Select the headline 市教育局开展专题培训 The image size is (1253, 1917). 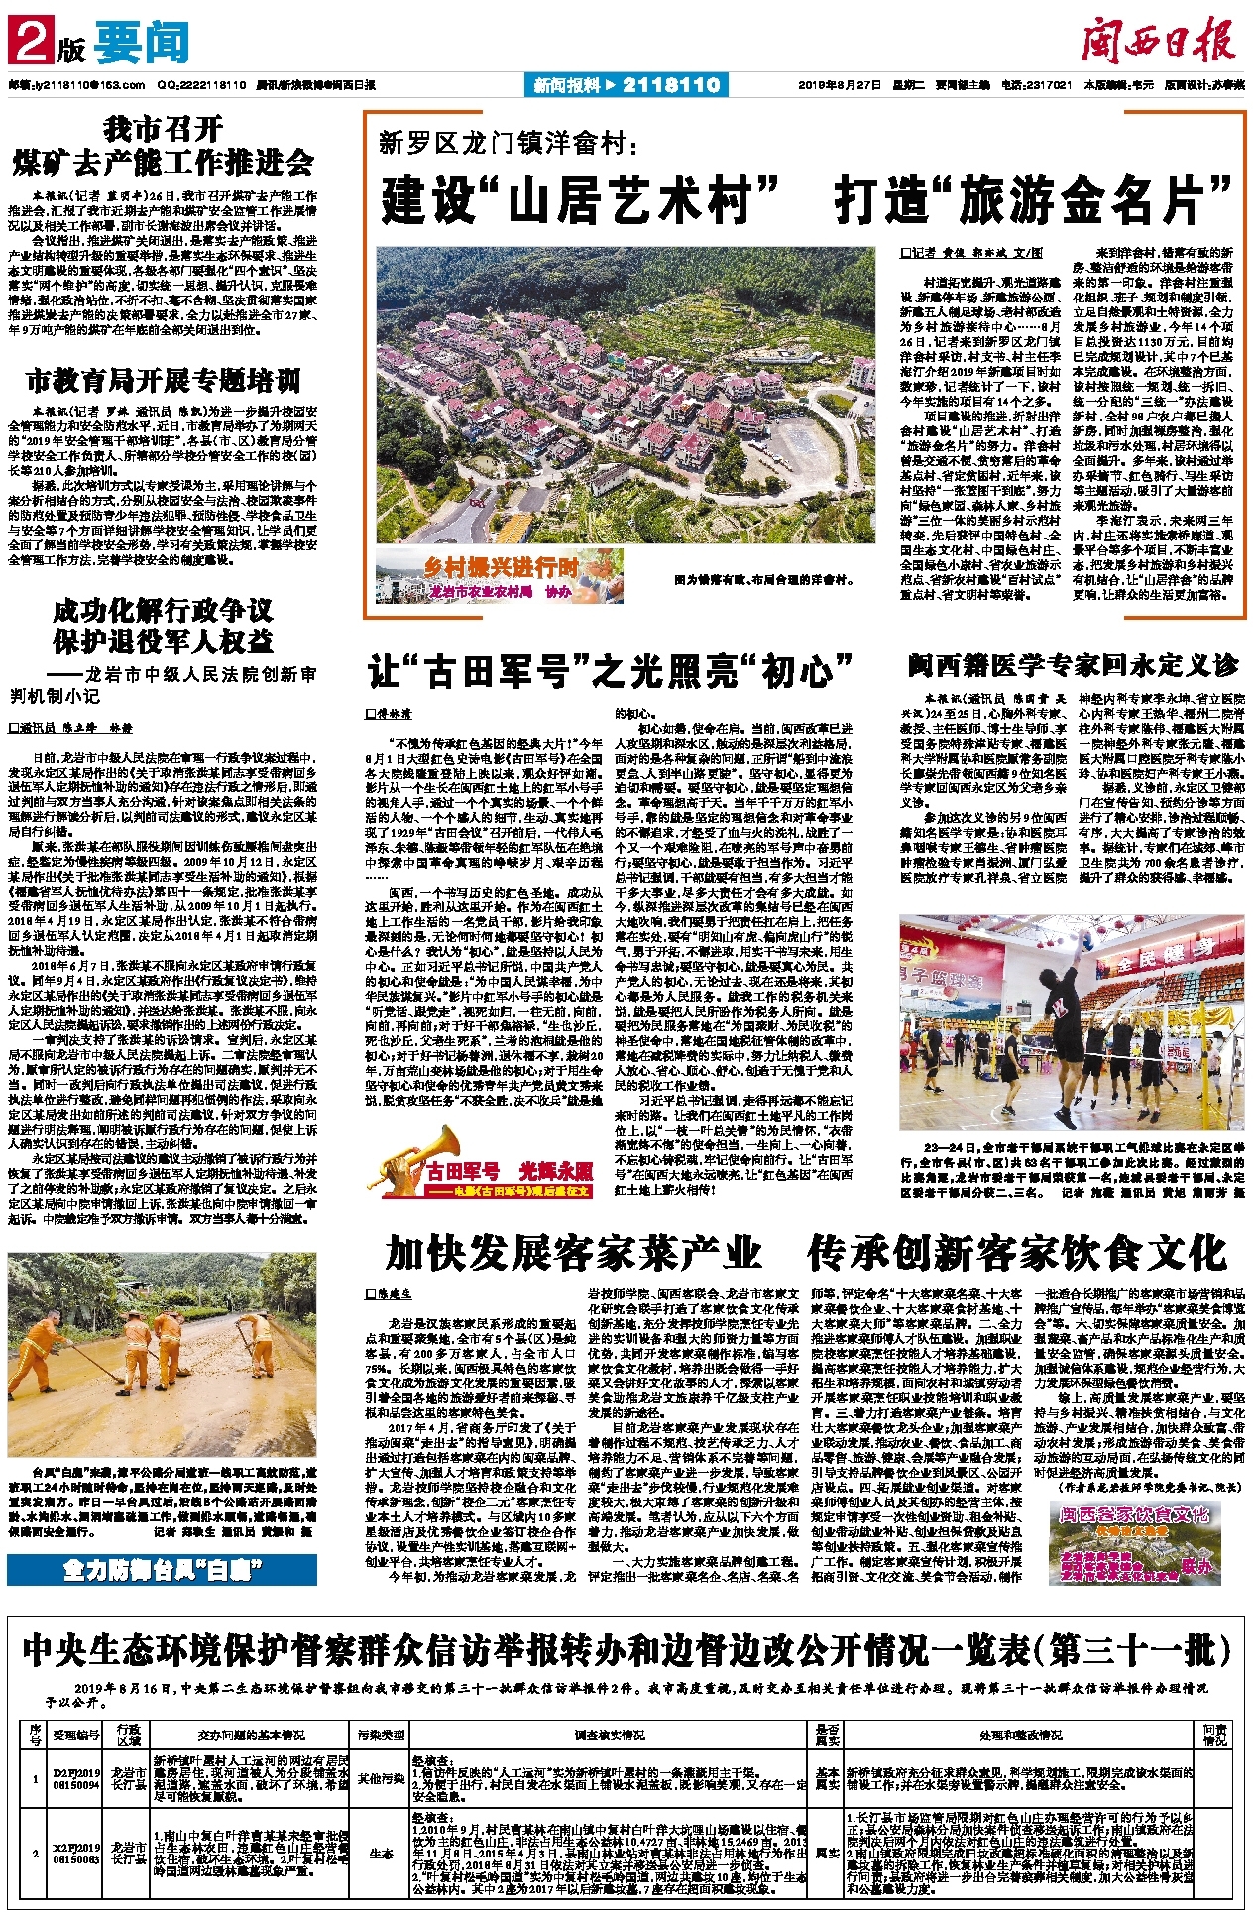(x=163, y=381)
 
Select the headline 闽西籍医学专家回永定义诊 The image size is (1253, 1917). (x=1073, y=664)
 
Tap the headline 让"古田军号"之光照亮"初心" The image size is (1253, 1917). (x=611, y=671)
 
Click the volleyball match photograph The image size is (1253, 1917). (x=1072, y=1025)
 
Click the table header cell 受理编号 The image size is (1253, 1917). (x=77, y=1735)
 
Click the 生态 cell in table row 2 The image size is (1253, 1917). (x=381, y=1852)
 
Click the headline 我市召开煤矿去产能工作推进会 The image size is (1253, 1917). (x=163, y=146)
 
